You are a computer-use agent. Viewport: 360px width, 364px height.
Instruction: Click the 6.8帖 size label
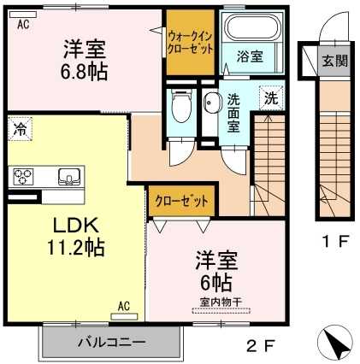(x=83, y=72)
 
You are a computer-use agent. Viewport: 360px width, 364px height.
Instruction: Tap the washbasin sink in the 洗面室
(x=211, y=103)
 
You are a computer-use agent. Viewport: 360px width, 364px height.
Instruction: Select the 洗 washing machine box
(x=269, y=97)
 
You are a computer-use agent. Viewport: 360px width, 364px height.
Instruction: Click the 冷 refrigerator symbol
(x=19, y=131)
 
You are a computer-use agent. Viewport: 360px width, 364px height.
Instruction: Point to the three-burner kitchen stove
(x=21, y=177)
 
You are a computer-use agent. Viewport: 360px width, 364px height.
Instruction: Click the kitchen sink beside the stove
(x=66, y=177)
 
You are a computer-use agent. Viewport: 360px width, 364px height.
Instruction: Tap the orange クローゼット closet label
(x=181, y=202)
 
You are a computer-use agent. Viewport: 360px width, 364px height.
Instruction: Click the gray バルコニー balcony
(x=112, y=343)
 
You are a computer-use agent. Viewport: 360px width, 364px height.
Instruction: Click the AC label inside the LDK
(x=123, y=305)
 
